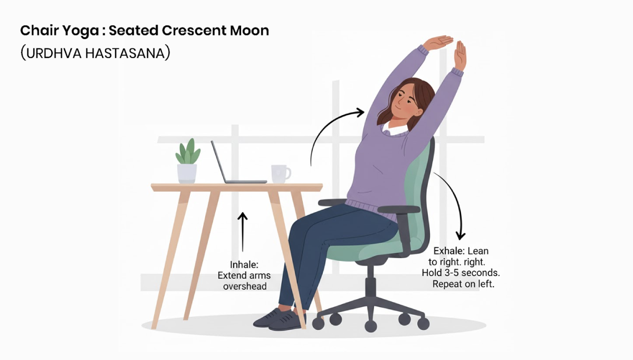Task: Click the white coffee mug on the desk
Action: coord(280,173)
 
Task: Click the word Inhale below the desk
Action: coord(244,264)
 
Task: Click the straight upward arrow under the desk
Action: coord(242,232)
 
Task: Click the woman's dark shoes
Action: coord(280,318)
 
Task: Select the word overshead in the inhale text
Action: coord(244,286)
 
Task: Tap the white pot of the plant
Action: coord(187,173)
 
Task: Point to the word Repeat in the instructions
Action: coord(448,284)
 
